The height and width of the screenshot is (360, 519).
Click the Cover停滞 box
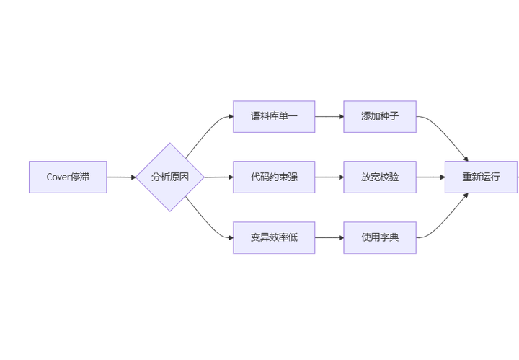pyautogui.click(x=68, y=177)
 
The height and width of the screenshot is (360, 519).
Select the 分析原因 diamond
pyautogui.click(x=170, y=177)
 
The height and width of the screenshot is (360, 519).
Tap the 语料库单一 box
pyautogui.click(x=274, y=116)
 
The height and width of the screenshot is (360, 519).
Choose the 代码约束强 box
pyautogui.click(x=274, y=177)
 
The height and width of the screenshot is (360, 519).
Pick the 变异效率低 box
pyautogui.click(x=274, y=237)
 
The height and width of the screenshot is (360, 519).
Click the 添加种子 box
pyautogui.click(x=380, y=116)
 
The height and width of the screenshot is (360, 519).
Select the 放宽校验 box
pyautogui.click(x=380, y=177)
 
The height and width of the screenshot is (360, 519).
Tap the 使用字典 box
pyautogui.click(x=380, y=237)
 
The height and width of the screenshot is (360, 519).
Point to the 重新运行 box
pyautogui.click(x=481, y=177)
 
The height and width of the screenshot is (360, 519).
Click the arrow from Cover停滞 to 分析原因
pyautogui.click(x=121, y=177)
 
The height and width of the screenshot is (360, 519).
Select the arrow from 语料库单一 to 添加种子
pyautogui.click(x=329, y=116)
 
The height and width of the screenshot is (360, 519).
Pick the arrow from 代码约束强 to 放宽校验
pyautogui.click(x=329, y=177)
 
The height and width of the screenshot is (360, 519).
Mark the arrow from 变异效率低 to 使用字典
pyautogui.click(x=329, y=237)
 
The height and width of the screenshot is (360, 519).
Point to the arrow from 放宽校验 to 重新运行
pyautogui.click(x=430, y=177)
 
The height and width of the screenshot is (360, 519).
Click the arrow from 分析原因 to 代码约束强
pyautogui.click(x=218, y=177)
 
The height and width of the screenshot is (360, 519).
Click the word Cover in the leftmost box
pyautogui.click(x=58, y=177)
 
